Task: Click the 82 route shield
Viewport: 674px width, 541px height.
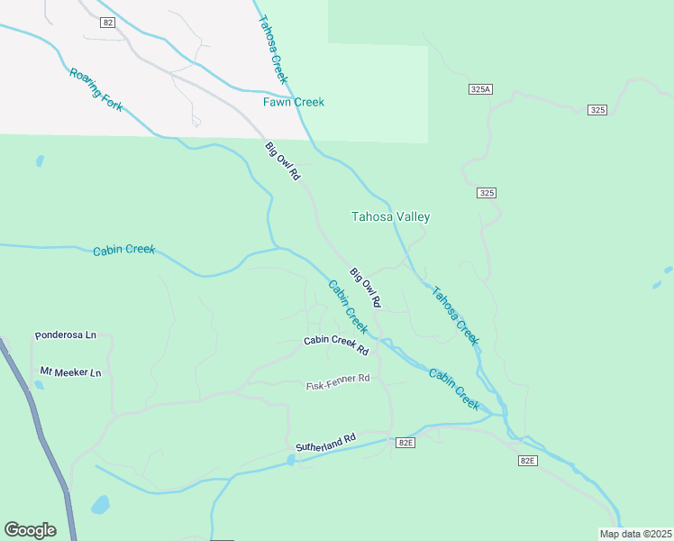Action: [x=108, y=23]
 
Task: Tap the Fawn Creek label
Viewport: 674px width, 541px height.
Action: [x=294, y=102]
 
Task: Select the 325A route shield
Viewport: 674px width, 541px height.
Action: [x=480, y=89]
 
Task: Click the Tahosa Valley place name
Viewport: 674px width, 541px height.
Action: [x=390, y=216]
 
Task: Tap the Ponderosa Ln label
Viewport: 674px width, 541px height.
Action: [x=65, y=335]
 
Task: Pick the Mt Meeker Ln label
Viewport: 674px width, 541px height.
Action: [x=70, y=371]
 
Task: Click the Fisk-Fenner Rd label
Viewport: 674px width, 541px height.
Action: [x=338, y=381]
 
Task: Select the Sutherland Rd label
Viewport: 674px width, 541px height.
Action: [x=325, y=442]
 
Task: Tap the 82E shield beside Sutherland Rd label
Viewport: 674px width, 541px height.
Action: [x=405, y=442]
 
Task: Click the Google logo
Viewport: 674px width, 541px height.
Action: [x=30, y=530]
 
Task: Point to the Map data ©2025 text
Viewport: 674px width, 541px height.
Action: [x=635, y=534]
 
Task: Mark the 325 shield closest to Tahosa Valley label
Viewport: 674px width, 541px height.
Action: [x=487, y=193]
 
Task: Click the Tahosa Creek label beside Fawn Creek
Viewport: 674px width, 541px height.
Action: [x=273, y=50]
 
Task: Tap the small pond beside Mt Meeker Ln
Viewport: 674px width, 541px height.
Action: [x=38, y=385]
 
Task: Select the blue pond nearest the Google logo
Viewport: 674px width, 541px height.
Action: [x=100, y=503]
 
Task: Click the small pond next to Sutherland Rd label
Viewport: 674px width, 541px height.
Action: [x=290, y=460]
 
